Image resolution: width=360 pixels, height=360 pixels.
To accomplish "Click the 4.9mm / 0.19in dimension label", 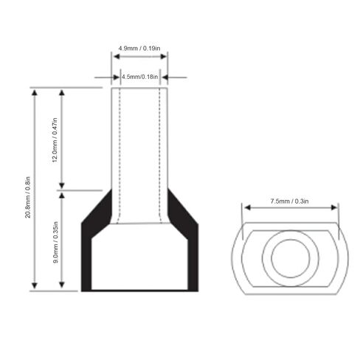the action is pos(139,48).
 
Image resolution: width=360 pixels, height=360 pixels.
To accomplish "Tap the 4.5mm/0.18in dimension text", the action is pos(140,77).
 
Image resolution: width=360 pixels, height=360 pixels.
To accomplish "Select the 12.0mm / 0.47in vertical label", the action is pos(55,140).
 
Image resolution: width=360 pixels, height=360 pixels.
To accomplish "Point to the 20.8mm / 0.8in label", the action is pos(28,197).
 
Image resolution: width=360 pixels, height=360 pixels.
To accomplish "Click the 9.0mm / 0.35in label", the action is pos(56,242).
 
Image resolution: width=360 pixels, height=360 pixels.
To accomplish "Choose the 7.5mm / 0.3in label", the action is pos(289,201).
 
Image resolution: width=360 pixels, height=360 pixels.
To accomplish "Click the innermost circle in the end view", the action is pos(291,258).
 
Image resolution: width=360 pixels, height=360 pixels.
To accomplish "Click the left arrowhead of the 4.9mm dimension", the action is pos(117,57).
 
